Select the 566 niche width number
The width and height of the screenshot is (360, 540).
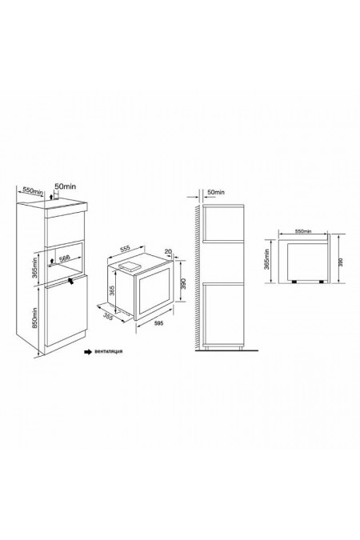[63, 258]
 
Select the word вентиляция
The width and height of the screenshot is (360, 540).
[107, 351]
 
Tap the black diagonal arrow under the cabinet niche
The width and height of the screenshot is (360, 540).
[73, 280]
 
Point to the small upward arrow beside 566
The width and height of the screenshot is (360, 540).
[50, 258]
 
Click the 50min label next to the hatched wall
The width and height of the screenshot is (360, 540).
[215, 194]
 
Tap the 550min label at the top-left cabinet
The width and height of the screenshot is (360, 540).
[31, 193]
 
